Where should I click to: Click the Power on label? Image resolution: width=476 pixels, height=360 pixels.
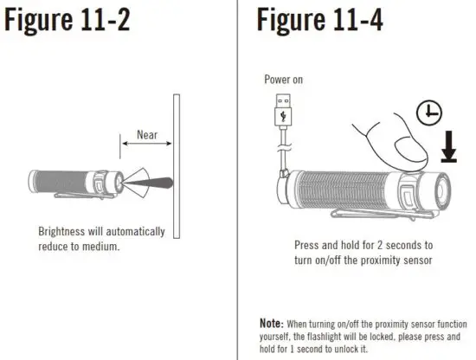(284, 80)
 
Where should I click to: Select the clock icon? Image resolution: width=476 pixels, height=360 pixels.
(428, 113)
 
